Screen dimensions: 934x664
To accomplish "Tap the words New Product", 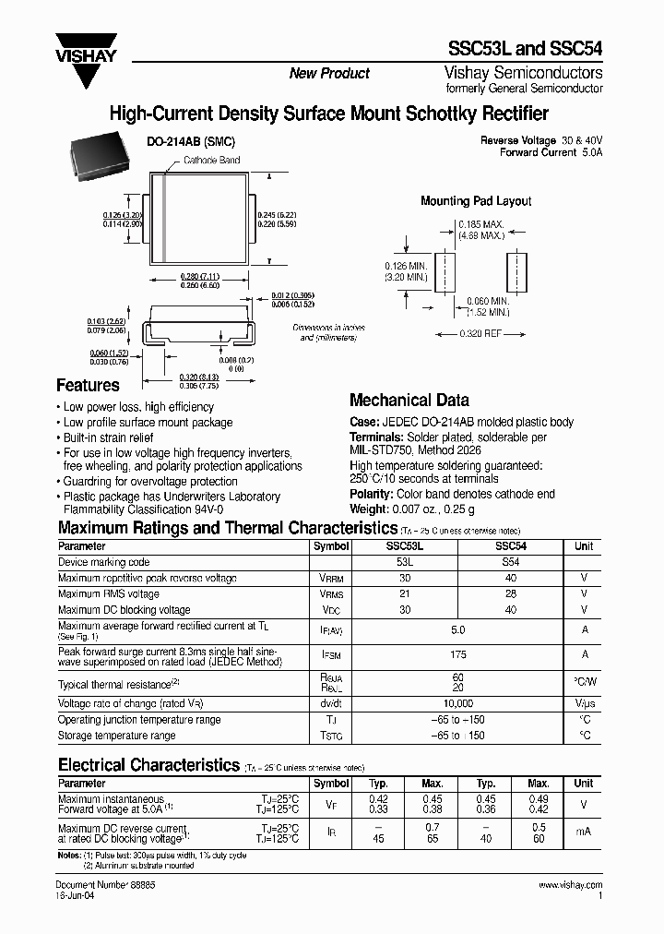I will [x=329, y=74].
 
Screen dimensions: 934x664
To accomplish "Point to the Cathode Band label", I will [x=211, y=161].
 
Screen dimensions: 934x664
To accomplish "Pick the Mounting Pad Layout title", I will [x=476, y=201].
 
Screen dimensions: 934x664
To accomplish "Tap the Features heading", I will [x=89, y=386].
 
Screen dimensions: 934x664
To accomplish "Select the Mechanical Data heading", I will [x=409, y=401].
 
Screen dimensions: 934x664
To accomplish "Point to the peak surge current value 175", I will [x=456, y=654].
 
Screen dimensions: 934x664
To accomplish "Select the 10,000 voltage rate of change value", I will [x=456, y=703].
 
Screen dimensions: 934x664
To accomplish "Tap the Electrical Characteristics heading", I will [x=148, y=765].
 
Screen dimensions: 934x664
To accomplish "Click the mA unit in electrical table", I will [x=584, y=832].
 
